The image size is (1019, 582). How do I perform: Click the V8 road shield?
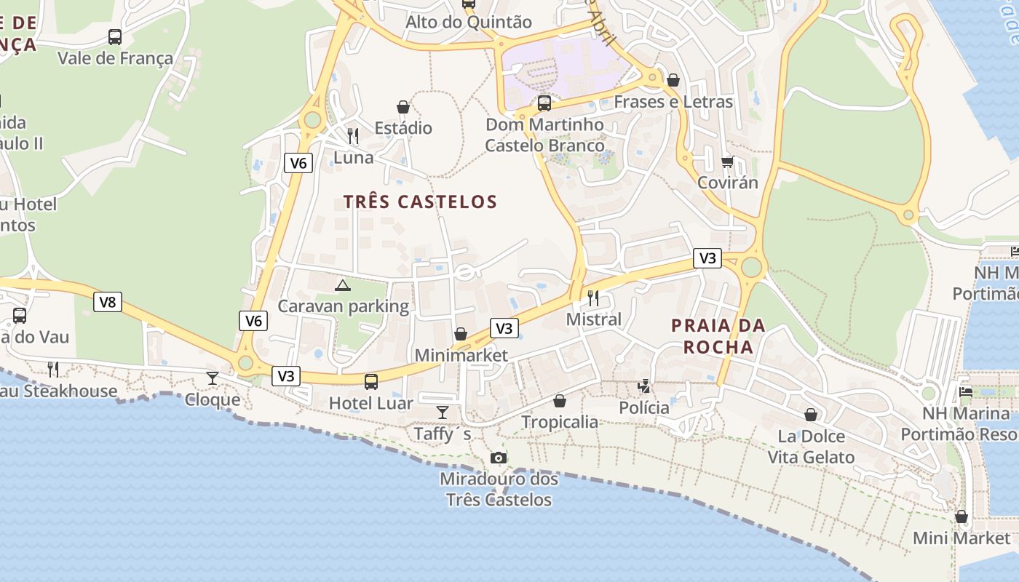click(x=107, y=302)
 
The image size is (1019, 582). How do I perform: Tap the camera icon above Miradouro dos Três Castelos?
click(x=499, y=458)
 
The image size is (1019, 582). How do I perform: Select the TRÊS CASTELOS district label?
click(x=420, y=202)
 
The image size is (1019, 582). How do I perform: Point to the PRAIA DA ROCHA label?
click(x=718, y=336)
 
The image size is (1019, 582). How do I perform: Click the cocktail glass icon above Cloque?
click(x=213, y=378)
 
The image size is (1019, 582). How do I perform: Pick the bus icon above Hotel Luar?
click(x=371, y=381)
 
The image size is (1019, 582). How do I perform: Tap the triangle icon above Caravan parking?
click(x=343, y=284)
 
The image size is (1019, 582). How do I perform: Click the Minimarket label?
click(x=461, y=356)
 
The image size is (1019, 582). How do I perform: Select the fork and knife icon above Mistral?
click(x=593, y=298)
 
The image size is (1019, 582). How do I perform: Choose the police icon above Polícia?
click(x=644, y=386)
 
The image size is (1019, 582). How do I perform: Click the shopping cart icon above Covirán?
click(x=727, y=161)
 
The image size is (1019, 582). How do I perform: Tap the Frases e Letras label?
click(x=673, y=102)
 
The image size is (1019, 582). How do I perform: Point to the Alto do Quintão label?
click(x=469, y=22)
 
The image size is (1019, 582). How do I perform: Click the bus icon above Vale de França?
click(x=115, y=36)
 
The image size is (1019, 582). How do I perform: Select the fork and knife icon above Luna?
click(x=353, y=135)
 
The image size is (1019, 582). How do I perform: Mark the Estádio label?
click(x=403, y=128)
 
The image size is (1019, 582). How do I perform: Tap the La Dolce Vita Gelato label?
click(x=811, y=447)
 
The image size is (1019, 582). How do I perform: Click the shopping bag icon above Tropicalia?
click(x=560, y=401)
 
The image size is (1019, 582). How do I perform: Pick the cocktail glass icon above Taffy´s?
click(x=443, y=412)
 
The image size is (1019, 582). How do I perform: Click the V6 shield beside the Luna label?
click(x=298, y=163)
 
